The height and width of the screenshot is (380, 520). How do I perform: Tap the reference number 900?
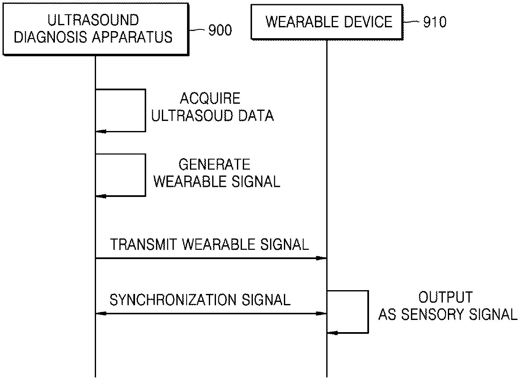click(x=220, y=30)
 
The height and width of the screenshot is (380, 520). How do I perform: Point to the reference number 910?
click(x=434, y=22)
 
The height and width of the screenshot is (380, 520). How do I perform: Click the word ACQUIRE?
click(x=210, y=98)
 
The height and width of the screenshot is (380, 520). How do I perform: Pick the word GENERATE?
click(x=214, y=164)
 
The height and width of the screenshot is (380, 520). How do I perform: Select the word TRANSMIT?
click(x=143, y=244)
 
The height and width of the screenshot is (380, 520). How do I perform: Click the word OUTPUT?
click(x=445, y=297)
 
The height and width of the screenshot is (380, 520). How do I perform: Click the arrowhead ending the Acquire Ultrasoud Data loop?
click(x=101, y=131)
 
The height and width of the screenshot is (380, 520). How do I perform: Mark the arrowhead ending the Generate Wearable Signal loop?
click(x=101, y=197)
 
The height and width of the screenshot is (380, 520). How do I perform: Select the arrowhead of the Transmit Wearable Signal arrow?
click(x=321, y=258)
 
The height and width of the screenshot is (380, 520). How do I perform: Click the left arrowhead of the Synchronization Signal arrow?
click(x=101, y=314)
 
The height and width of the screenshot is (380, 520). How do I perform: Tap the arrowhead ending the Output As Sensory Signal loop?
click(x=333, y=333)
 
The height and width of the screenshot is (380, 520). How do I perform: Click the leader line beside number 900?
click(x=198, y=30)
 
